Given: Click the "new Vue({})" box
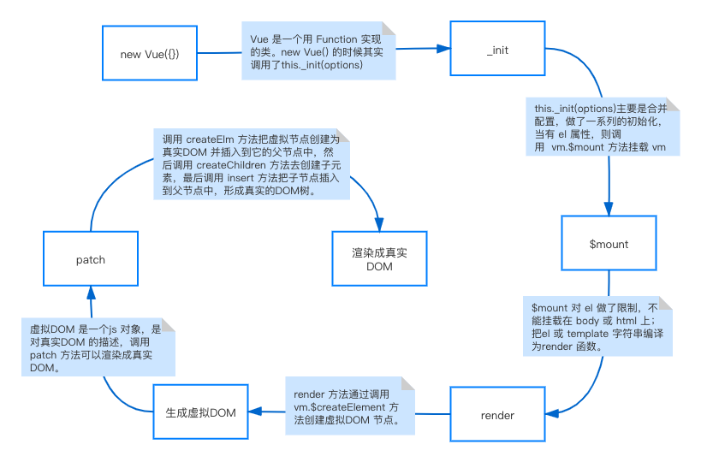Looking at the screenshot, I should click(x=150, y=54).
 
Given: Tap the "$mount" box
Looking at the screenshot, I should click(x=609, y=244).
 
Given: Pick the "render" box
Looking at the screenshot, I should click(x=497, y=415).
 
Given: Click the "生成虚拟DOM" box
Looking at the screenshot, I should click(x=200, y=413).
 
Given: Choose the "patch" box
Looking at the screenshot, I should click(x=90, y=259).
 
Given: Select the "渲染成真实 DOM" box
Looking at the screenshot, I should click(x=379, y=259).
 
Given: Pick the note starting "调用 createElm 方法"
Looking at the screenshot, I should click(x=251, y=165).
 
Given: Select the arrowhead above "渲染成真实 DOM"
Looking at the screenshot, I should click(x=379, y=223).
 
